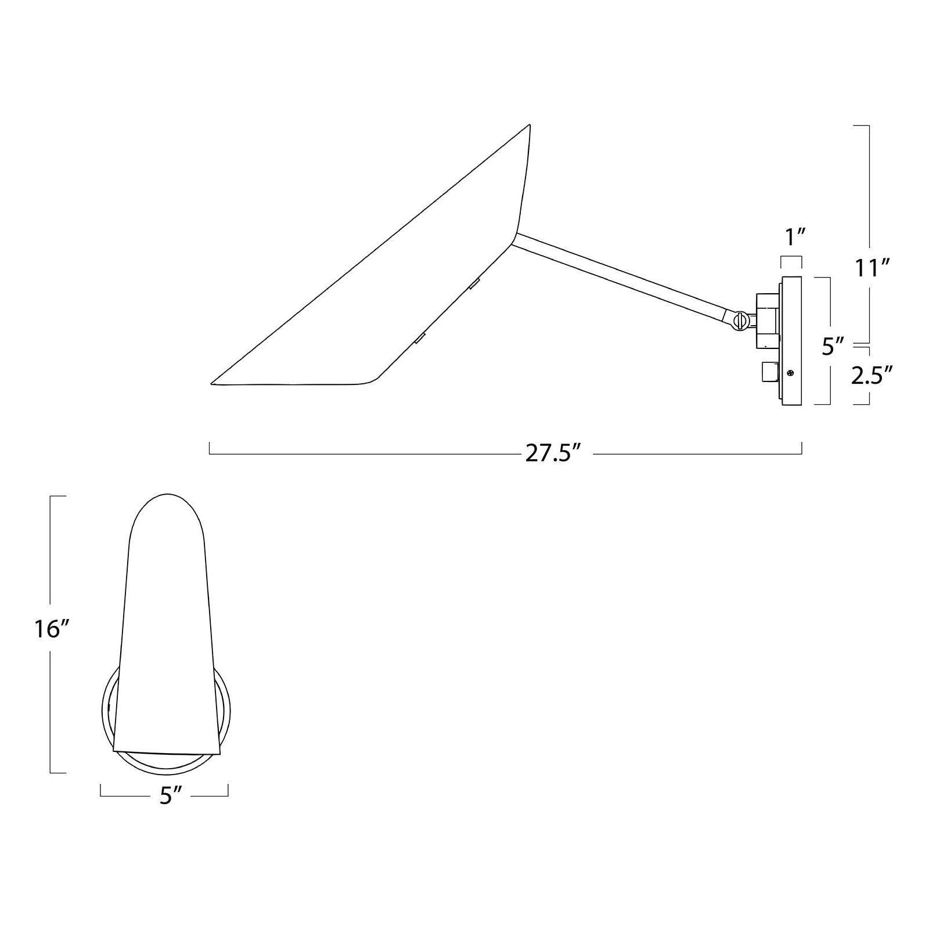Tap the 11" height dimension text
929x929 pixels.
coord(873,268)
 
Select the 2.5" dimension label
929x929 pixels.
coord(872,376)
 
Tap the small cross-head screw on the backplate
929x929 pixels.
coord(790,374)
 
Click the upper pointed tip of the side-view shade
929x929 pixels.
coord(529,125)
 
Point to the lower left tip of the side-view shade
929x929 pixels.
coord(213,383)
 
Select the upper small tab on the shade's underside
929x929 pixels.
coord(474,283)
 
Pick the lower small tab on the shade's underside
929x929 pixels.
coord(419,337)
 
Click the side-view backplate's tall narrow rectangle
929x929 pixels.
coord(792,340)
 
